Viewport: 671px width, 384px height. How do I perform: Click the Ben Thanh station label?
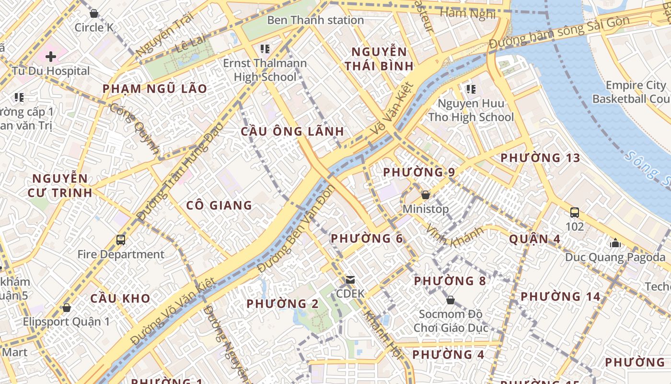tap(315, 20)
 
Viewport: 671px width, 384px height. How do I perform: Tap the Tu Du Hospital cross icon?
tap(51, 57)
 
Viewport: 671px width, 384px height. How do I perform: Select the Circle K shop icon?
tap(94, 13)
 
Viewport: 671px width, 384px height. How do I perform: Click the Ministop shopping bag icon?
tap(425, 195)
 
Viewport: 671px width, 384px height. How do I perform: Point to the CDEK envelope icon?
tap(350, 280)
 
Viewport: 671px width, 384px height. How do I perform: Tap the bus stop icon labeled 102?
tap(574, 212)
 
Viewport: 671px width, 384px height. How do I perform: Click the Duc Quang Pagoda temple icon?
tap(615, 243)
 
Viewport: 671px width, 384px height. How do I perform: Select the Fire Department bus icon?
tap(121, 240)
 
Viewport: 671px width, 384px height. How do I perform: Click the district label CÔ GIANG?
tap(219, 205)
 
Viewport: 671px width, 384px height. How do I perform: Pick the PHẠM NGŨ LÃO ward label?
tap(155, 89)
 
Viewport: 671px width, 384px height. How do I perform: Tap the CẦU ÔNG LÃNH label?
tap(292, 132)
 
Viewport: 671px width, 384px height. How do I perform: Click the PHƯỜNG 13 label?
tap(540, 158)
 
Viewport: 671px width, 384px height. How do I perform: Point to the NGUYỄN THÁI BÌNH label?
tap(379, 59)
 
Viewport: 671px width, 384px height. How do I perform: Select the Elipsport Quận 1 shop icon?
tap(67, 308)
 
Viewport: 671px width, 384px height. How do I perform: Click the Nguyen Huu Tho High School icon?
tap(471, 89)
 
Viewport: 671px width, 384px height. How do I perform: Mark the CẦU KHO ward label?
tap(120, 298)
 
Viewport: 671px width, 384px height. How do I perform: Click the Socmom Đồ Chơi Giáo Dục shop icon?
tap(450, 300)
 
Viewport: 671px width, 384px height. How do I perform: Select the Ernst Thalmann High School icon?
tap(265, 49)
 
